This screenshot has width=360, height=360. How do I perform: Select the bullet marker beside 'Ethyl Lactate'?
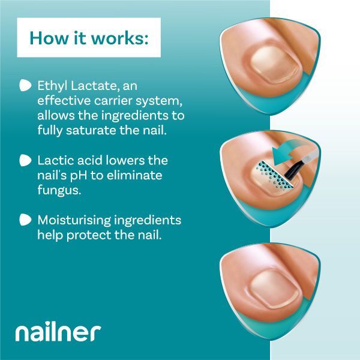[x=25, y=85]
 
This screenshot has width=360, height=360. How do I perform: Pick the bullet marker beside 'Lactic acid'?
[x=25, y=160]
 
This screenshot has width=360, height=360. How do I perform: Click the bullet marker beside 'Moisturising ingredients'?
[x=25, y=220]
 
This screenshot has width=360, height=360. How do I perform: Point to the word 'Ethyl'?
[x=53, y=86]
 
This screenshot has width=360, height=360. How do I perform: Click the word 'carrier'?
[x=113, y=101]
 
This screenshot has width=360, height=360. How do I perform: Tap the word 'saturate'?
[x=91, y=130]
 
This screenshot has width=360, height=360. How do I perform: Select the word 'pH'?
[x=78, y=176]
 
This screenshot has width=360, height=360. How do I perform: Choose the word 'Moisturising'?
[x=74, y=220]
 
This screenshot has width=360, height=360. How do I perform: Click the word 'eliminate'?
[x=134, y=175]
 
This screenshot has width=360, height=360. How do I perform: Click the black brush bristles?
[x=293, y=170]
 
